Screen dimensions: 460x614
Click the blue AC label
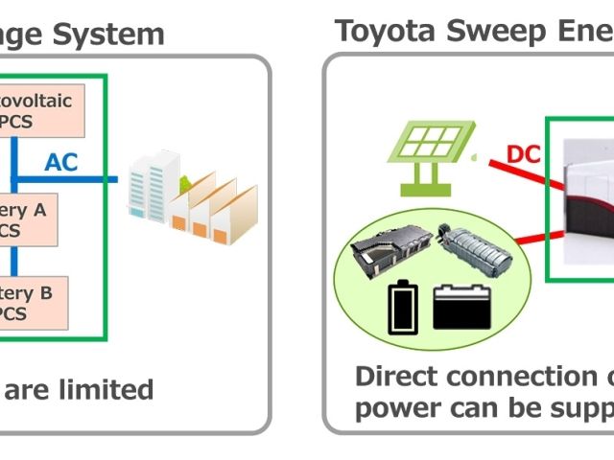point(60,162)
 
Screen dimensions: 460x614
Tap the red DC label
point(524,154)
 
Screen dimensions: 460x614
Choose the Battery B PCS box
point(34,301)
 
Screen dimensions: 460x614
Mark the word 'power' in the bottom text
point(393,409)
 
